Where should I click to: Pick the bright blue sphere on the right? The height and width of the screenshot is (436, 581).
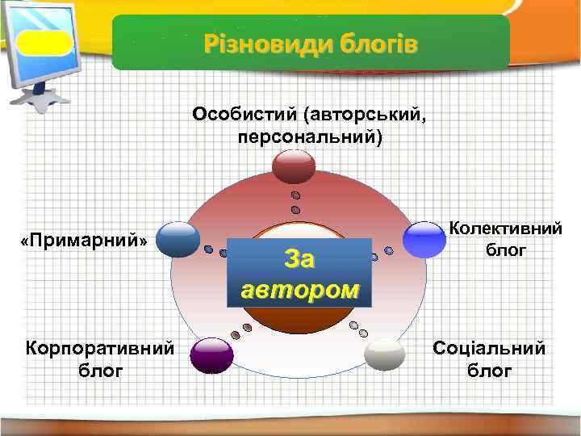[x=425, y=239]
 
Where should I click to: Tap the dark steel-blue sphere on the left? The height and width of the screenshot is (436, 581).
[x=178, y=238]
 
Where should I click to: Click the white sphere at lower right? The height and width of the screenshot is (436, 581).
[x=385, y=354]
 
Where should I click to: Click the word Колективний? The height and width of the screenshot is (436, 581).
[x=505, y=229]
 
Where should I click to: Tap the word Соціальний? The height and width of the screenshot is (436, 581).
[x=489, y=349]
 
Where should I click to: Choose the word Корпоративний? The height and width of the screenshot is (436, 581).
[x=100, y=348]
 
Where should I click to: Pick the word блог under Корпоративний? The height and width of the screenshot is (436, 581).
[x=101, y=371]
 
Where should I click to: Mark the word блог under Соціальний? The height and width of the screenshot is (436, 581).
[x=490, y=371]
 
